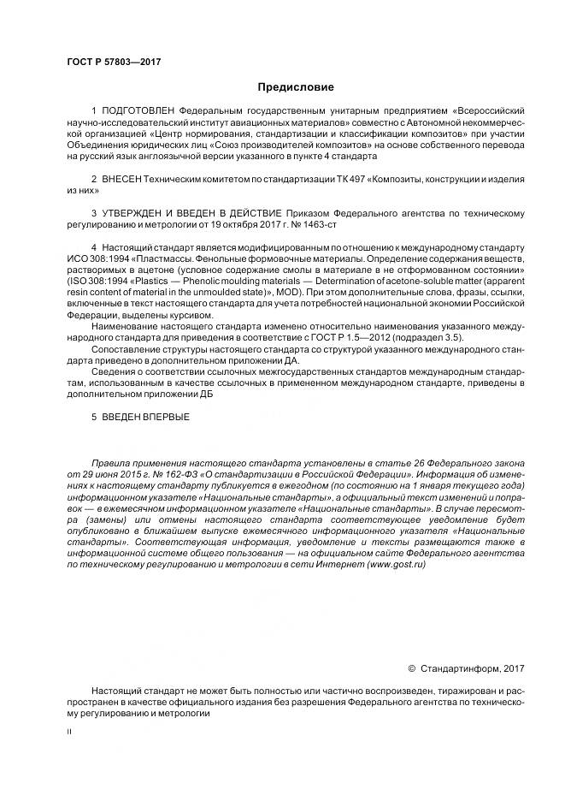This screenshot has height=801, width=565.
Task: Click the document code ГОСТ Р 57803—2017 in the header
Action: click(114, 62)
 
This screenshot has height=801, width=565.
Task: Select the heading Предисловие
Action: click(282, 87)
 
